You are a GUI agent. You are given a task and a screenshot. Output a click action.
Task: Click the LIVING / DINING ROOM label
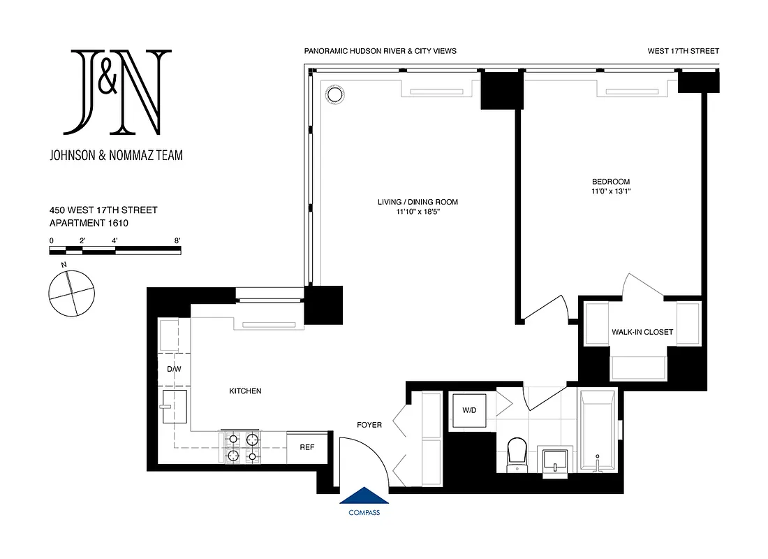tap(418, 202)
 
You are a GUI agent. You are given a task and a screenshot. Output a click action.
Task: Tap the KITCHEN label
tap(245, 391)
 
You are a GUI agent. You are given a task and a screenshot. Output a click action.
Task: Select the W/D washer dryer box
tap(469, 409)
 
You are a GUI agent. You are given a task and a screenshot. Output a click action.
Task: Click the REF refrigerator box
tap(307, 448)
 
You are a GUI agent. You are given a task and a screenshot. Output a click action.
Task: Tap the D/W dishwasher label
tap(173, 368)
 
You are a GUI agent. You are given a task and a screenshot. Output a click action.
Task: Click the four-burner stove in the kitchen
tap(242, 448)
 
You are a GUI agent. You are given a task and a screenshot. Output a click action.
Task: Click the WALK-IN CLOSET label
tap(642, 332)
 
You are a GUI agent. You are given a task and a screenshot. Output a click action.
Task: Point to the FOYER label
tap(369, 424)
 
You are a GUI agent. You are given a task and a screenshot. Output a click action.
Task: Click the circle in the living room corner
tap(334, 94)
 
